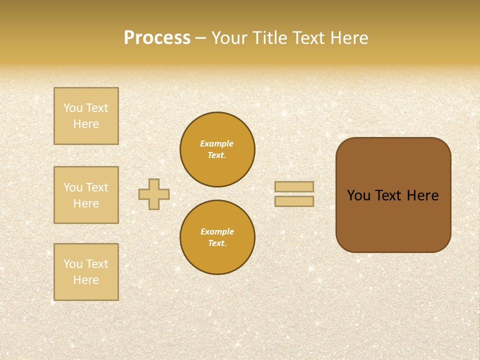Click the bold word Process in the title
pos(157,38)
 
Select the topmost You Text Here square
pos(86,116)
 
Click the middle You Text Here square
pos(86,195)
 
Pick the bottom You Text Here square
pos(86,272)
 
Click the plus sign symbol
pos(154,194)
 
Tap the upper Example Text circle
pos(217,149)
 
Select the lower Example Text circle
pos(217,237)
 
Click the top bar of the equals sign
pos(294,186)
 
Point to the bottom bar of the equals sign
pos(294,201)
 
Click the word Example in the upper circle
pos(217,143)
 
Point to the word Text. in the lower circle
pos(217,243)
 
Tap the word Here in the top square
pos(86,124)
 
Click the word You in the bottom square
pos(73,264)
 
